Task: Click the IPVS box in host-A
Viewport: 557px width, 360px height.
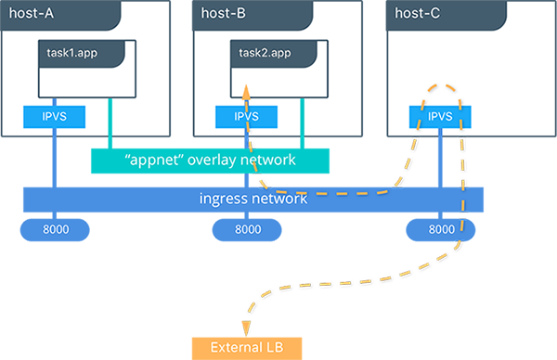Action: pos(55,118)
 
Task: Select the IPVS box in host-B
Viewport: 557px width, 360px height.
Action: pos(246,118)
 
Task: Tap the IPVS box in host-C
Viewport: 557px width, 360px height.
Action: pos(440,118)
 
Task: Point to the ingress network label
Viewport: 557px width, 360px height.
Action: pos(253,199)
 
